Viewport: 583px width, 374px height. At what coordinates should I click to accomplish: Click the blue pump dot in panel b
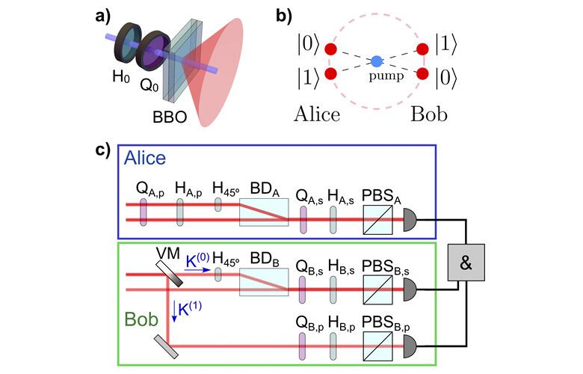pyautogui.click(x=377, y=61)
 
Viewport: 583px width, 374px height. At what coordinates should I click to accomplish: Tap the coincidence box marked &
pyautogui.click(x=466, y=263)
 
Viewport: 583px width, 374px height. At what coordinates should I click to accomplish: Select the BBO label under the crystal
pyautogui.click(x=170, y=117)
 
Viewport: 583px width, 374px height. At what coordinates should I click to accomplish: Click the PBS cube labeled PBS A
pyautogui.click(x=377, y=220)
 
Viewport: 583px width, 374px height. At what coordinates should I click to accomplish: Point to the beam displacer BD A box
pyautogui.click(x=264, y=212)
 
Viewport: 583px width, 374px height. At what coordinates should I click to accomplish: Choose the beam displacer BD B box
pyautogui.click(x=264, y=282)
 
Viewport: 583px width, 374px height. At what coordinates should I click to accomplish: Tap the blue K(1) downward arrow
pyautogui.click(x=173, y=311)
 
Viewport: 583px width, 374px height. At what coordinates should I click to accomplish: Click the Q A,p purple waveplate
pyautogui.click(x=144, y=212)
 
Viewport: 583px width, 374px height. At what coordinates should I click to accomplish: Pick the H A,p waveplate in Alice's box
pyautogui.click(x=180, y=212)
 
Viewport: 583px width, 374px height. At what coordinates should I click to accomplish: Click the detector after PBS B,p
pyautogui.click(x=410, y=346)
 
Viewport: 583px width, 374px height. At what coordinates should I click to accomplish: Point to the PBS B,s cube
pyautogui.click(x=377, y=289)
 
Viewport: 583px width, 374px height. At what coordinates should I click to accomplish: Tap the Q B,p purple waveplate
pyautogui.click(x=302, y=346)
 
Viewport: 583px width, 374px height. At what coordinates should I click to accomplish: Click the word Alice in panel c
pyautogui.click(x=145, y=158)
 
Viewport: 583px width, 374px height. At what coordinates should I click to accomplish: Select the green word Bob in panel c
pyautogui.click(x=141, y=319)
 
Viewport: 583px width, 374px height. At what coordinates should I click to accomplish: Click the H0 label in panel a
pyautogui.click(x=121, y=77)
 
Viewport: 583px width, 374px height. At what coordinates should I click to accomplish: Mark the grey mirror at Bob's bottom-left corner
pyautogui.click(x=166, y=346)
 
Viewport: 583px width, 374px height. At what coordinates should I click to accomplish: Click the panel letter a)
pyautogui.click(x=102, y=17)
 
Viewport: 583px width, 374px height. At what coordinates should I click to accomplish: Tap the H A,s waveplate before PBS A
pyautogui.click(x=333, y=220)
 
